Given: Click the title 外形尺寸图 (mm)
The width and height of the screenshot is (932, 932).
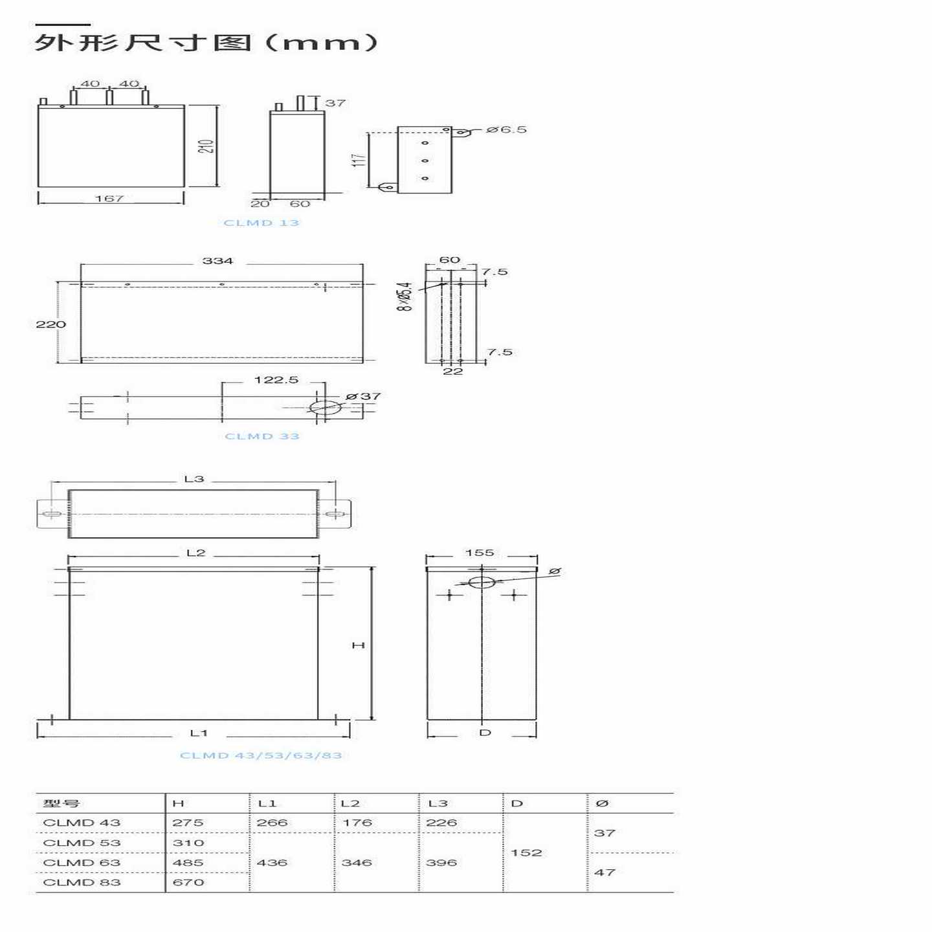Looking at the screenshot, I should click(206, 43).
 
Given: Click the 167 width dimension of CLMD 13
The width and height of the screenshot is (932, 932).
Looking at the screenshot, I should click(109, 199).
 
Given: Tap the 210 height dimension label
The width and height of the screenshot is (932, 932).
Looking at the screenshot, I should click(206, 146).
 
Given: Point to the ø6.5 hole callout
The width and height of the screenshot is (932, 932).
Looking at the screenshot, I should click(506, 129).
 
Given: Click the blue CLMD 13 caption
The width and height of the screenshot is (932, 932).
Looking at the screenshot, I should click(261, 223).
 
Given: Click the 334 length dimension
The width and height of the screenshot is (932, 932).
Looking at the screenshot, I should click(217, 261).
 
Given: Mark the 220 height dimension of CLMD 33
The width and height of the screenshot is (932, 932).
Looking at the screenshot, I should click(50, 324).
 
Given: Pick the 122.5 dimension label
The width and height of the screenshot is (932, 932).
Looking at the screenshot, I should click(276, 380).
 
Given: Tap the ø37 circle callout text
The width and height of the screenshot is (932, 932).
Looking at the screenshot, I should click(363, 396).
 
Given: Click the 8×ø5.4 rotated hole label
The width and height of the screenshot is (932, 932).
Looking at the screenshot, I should click(404, 296).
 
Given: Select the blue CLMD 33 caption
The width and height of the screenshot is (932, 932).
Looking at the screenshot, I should click(261, 436).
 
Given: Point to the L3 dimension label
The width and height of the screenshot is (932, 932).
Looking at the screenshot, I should click(194, 479).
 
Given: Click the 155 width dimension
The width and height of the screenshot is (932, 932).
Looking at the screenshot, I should click(480, 553).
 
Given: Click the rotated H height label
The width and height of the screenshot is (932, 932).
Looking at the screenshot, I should click(358, 645).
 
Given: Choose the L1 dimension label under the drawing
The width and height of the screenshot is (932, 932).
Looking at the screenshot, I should click(199, 733).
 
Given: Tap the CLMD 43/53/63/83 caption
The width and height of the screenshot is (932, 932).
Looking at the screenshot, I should click(260, 755).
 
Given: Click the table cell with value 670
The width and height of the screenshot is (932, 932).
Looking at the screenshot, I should click(188, 882).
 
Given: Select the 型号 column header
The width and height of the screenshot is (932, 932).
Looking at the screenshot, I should click(61, 803).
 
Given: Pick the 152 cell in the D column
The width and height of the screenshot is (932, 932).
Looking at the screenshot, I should click(526, 852).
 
